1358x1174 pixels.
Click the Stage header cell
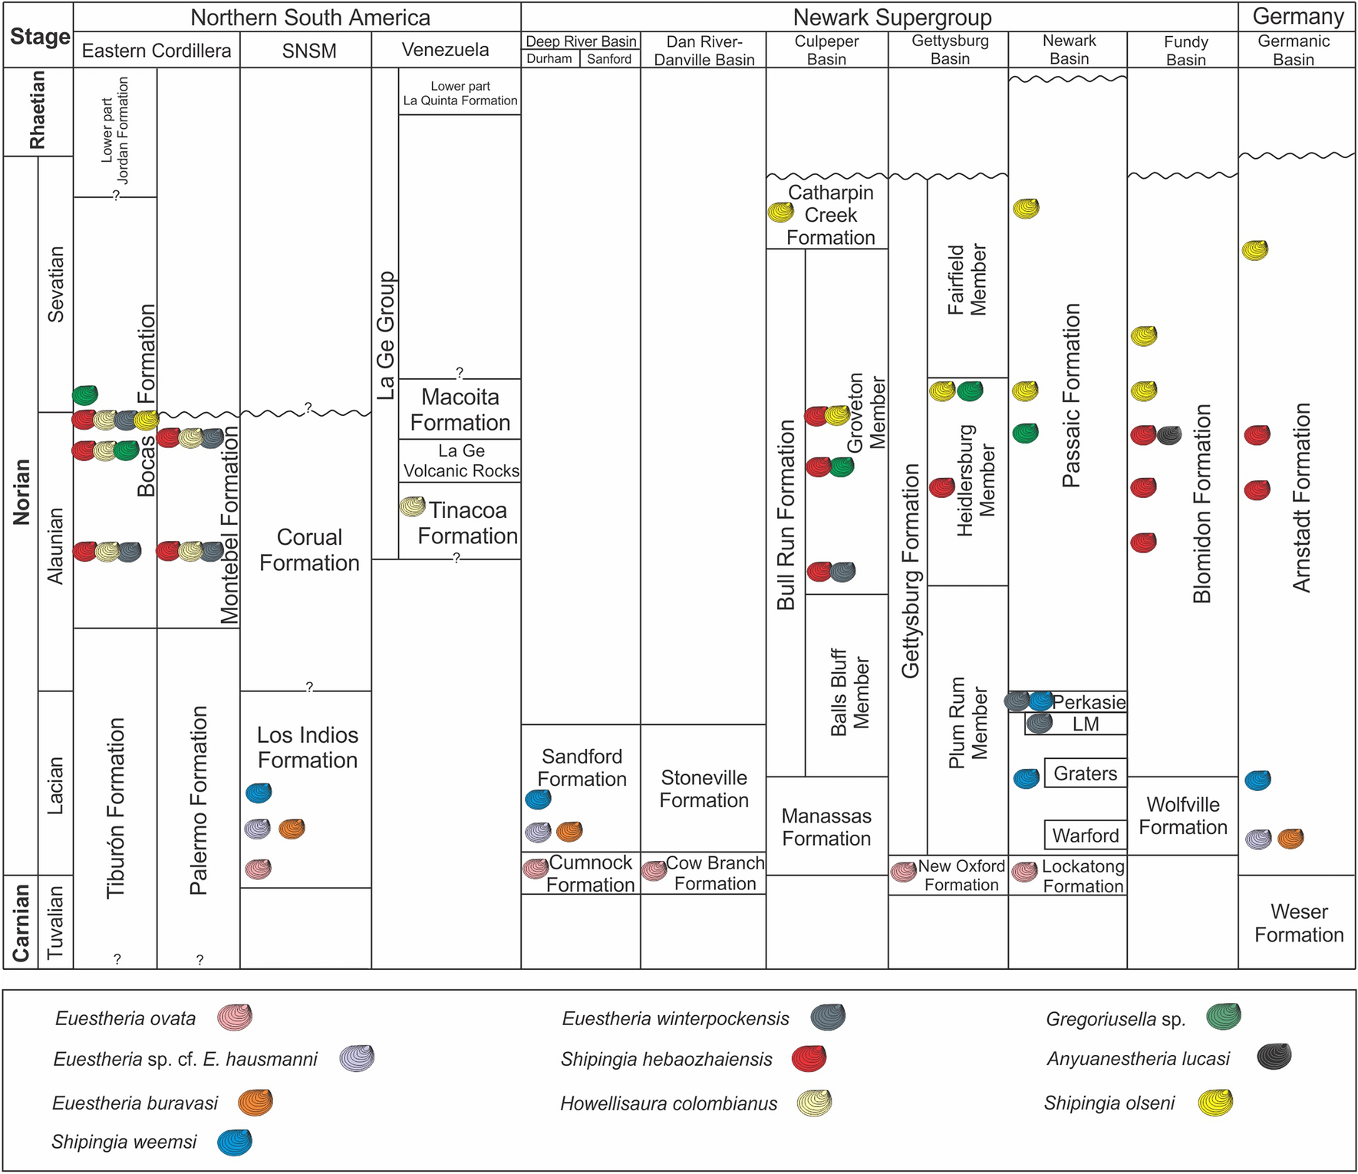pyautogui.click(x=39, y=36)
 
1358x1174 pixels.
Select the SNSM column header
pyautogui.click(x=309, y=51)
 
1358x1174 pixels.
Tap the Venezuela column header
pyautogui.click(x=445, y=50)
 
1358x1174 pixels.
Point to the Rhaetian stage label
pyautogui.click(x=38, y=110)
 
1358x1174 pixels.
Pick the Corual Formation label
pyautogui.click(x=309, y=549)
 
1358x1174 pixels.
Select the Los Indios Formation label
pyautogui.click(x=308, y=747)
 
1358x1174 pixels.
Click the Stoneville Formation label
pyautogui.click(x=704, y=789)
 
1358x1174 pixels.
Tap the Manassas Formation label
pyautogui.click(x=826, y=826)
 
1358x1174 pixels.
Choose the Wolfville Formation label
pyautogui.click(x=1182, y=816)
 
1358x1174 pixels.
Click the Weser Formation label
pyautogui.click(x=1298, y=923)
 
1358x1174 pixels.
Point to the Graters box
pyautogui.click(x=1085, y=773)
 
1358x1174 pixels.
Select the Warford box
pyautogui.click(x=1085, y=835)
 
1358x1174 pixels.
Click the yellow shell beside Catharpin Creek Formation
pyautogui.click(x=781, y=213)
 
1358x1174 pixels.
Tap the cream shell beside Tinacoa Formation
pyautogui.click(x=413, y=506)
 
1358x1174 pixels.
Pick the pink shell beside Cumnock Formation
pyautogui.click(x=536, y=868)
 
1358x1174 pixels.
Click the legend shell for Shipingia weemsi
pyautogui.click(x=235, y=1143)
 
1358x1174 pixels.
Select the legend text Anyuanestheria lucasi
pyautogui.click(x=1138, y=1059)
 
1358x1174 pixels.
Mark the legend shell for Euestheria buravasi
pyautogui.click(x=255, y=1102)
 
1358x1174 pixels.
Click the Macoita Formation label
pyautogui.click(x=460, y=410)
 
